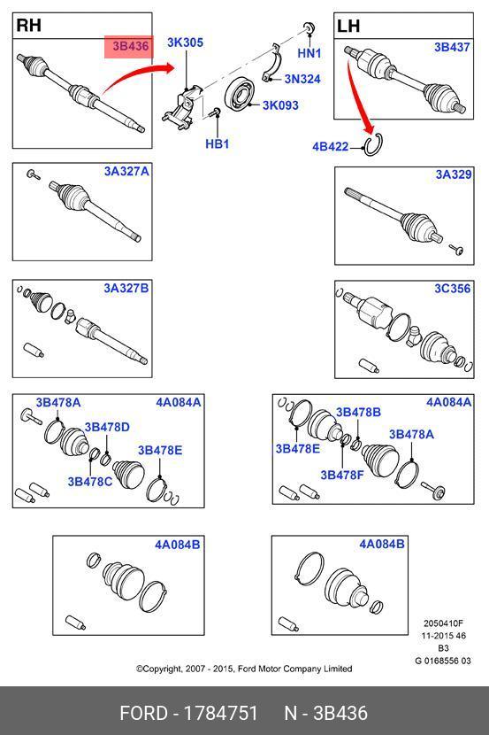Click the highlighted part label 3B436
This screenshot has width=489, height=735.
(x=131, y=46)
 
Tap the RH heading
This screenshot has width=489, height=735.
(x=29, y=25)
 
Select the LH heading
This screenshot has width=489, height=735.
(x=348, y=26)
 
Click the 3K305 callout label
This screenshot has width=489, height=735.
(x=186, y=43)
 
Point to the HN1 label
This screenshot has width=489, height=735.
(x=309, y=53)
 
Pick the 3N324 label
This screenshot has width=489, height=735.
(x=302, y=79)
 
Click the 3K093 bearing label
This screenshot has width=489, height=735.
(x=280, y=105)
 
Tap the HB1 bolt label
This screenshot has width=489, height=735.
(x=218, y=143)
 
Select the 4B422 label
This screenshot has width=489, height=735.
(x=331, y=147)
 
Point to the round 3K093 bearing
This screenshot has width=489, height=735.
(x=239, y=96)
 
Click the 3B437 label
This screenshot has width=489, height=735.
(x=452, y=47)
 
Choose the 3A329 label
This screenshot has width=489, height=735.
(x=454, y=174)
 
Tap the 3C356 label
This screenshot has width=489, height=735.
(x=453, y=288)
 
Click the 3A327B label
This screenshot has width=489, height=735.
(x=126, y=288)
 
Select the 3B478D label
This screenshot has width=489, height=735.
(x=107, y=427)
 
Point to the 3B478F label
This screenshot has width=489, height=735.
(x=342, y=475)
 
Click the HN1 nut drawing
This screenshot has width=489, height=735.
(x=309, y=27)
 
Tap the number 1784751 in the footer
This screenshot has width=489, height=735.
(x=221, y=713)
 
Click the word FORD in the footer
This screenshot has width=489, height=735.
(x=143, y=713)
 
